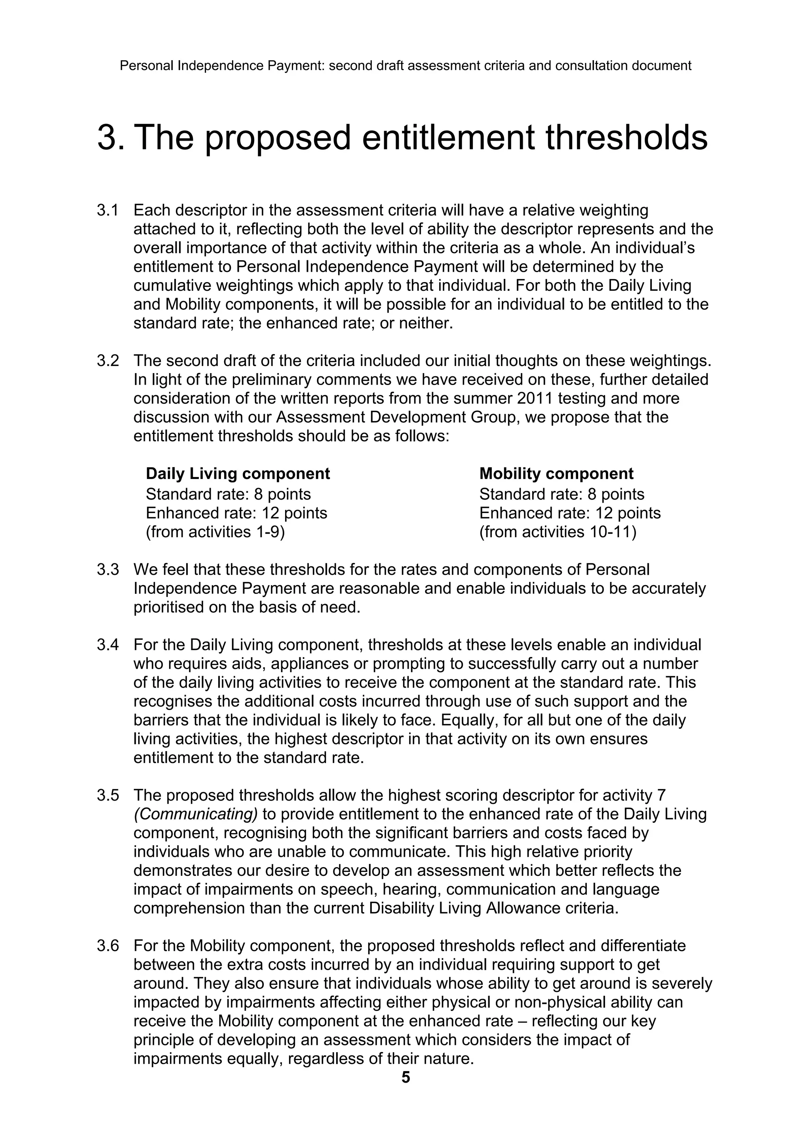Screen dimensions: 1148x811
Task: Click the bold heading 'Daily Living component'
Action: pos(238,473)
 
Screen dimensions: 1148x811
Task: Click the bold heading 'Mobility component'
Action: pos(556,473)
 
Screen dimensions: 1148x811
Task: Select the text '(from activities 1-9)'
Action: pos(215,532)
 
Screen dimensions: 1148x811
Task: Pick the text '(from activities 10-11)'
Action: pos(558,532)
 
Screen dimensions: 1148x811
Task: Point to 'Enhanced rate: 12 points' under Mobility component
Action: pos(570,513)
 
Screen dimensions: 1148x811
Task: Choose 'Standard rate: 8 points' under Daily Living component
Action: pos(228,494)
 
